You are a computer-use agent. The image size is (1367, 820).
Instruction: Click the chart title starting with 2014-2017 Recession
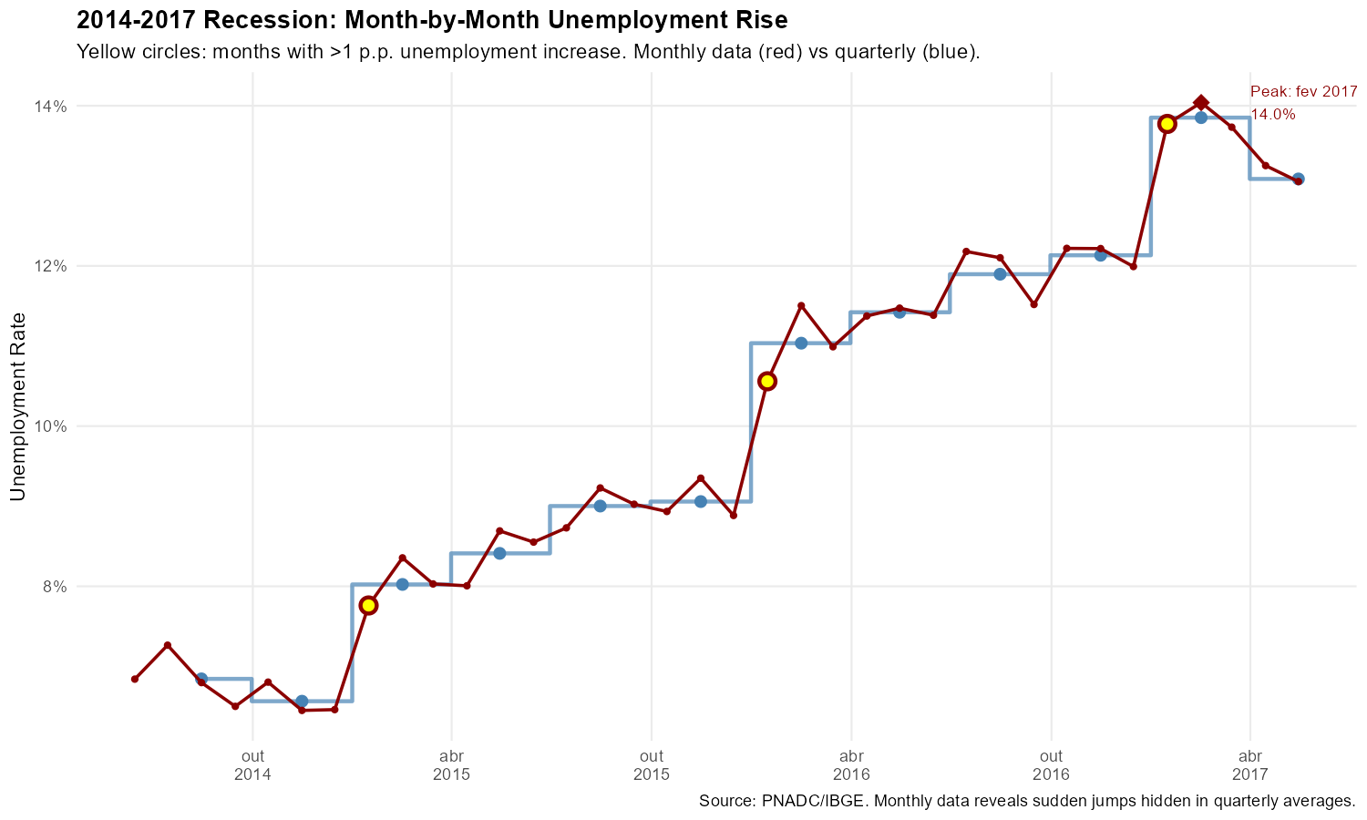click(x=432, y=19)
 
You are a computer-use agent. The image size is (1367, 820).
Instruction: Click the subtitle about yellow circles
click(x=529, y=51)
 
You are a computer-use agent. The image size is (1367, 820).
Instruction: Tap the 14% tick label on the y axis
click(x=51, y=107)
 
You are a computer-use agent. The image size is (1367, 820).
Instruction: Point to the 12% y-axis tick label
click(x=51, y=266)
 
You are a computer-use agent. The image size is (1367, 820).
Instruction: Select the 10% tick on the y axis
click(x=51, y=426)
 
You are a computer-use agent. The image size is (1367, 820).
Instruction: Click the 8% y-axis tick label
click(x=55, y=587)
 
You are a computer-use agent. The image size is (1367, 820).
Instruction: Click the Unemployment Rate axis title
click(x=17, y=406)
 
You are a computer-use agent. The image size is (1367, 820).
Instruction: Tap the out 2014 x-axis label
click(x=252, y=765)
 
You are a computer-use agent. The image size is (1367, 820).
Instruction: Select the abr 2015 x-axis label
click(x=451, y=765)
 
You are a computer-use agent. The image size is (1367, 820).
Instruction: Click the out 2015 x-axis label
click(x=651, y=765)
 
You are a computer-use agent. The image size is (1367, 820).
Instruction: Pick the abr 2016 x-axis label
click(x=851, y=765)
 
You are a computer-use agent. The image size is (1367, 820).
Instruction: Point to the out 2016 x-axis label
click(x=1051, y=765)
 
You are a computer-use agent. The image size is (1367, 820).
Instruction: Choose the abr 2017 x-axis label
click(x=1249, y=765)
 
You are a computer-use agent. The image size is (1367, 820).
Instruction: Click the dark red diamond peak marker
click(x=1201, y=103)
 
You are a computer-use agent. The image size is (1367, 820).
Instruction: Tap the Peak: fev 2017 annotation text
click(x=1303, y=92)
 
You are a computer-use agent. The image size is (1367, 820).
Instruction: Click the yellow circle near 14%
click(x=1167, y=124)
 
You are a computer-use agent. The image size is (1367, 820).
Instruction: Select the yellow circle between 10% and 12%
click(x=767, y=381)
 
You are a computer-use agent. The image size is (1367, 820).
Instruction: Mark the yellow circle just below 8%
click(x=368, y=605)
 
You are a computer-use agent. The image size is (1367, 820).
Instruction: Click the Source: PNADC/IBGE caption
click(x=1027, y=802)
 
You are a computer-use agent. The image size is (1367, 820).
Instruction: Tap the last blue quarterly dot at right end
click(x=1299, y=179)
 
